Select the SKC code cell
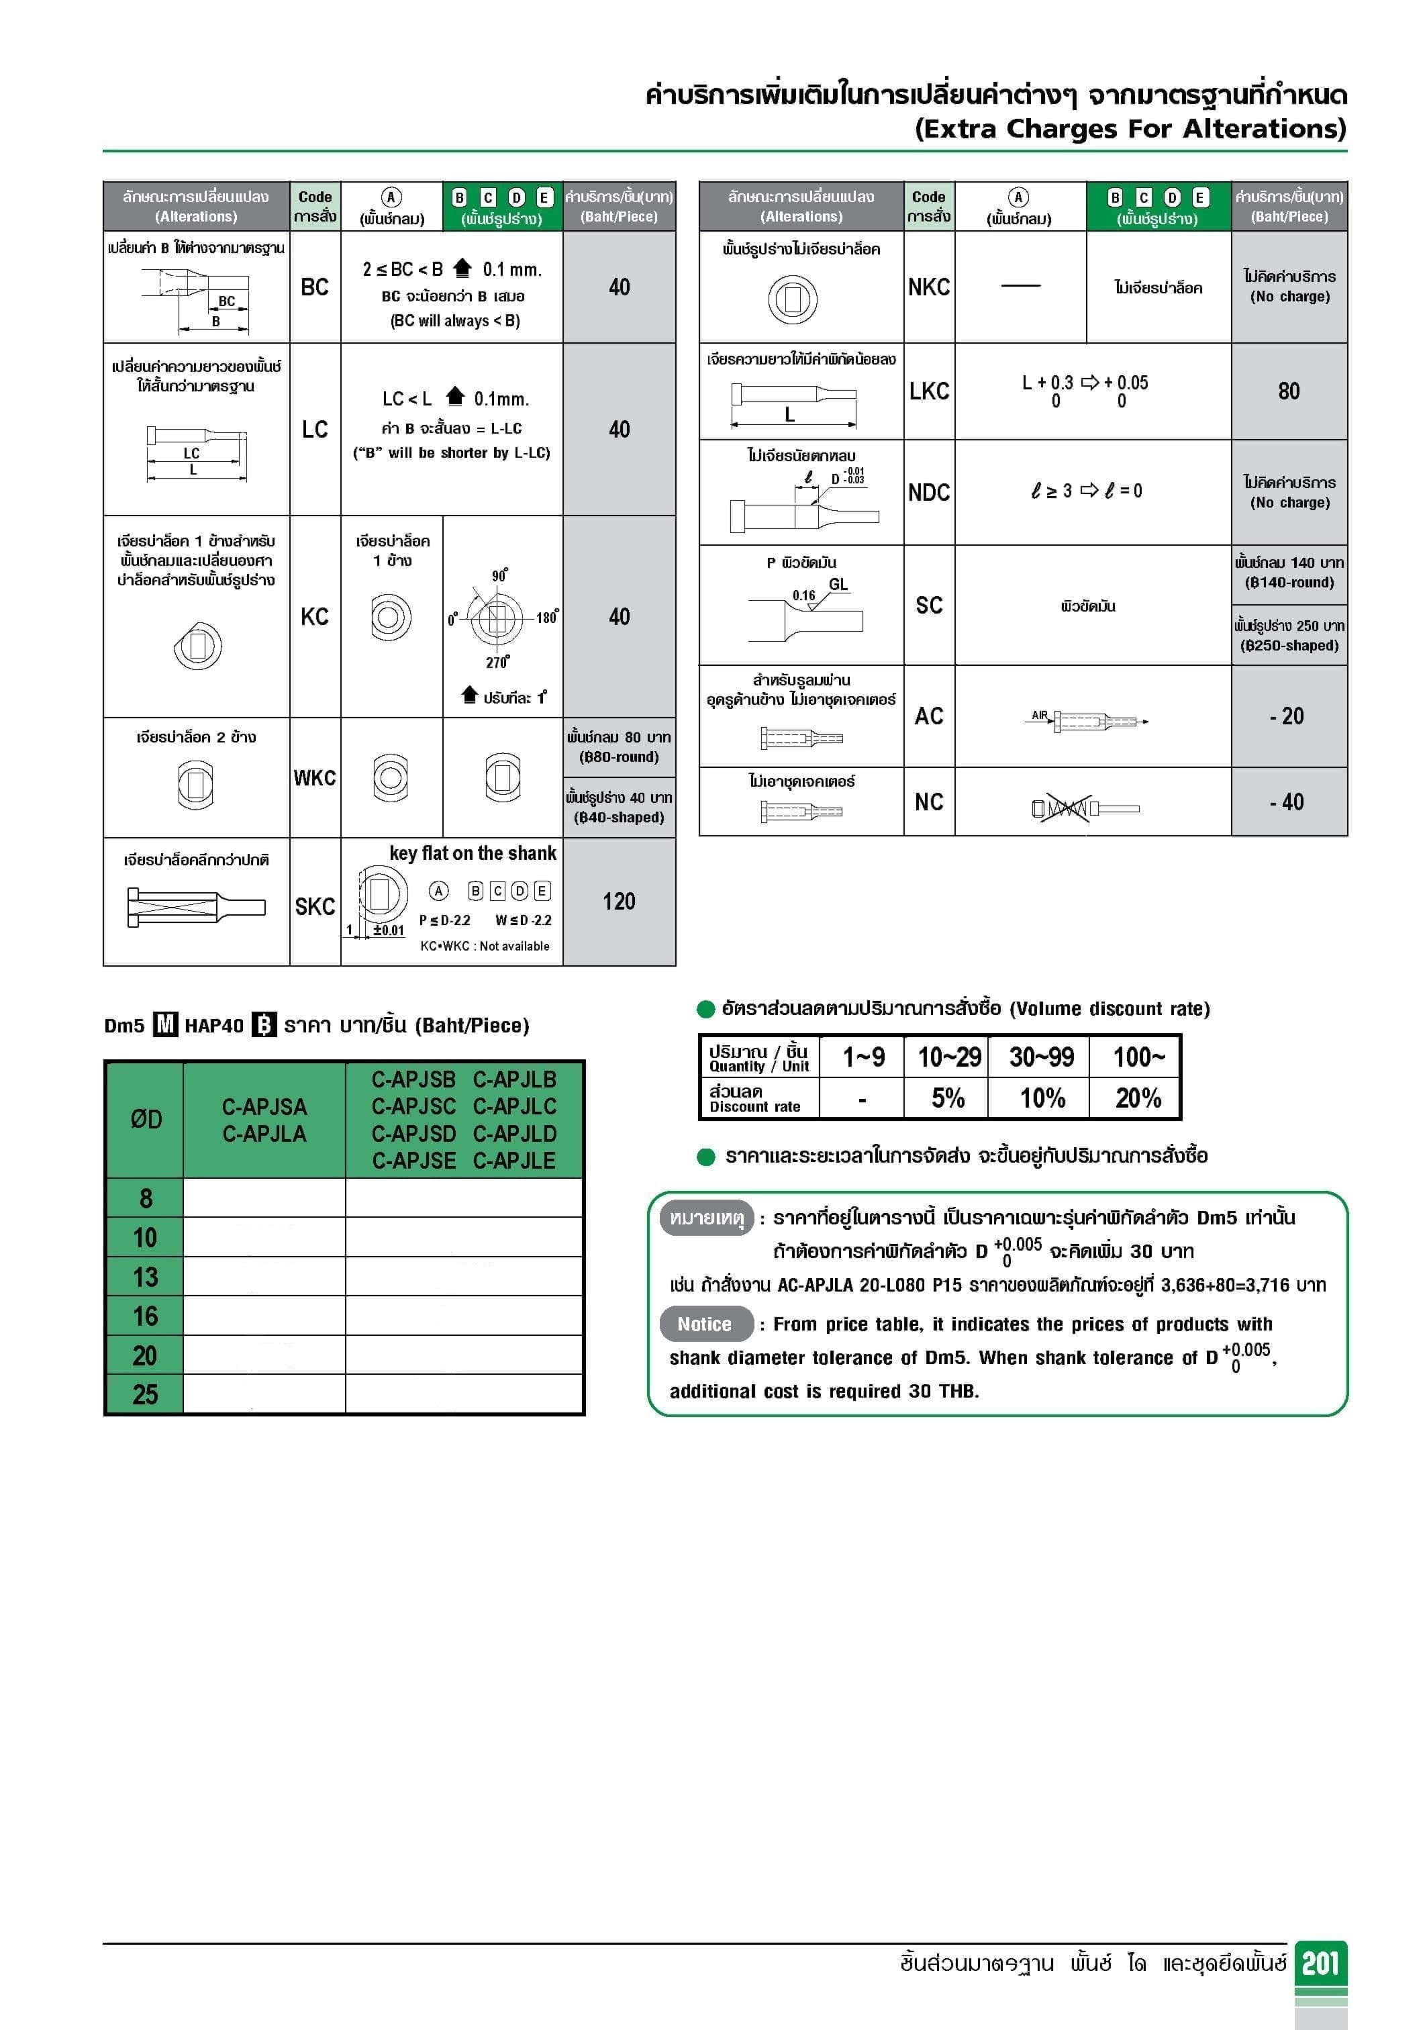click(315, 906)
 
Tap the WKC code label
click(315, 778)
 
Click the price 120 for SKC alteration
click(619, 901)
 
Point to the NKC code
click(928, 287)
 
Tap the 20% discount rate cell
click(1137, 1098)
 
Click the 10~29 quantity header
click(948, 1057)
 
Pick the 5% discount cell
click(948, 1098)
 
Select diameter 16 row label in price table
click(145, 1316)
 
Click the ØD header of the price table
click(146, 1119)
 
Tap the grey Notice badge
click(705, 1324)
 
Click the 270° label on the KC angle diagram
click(497, 662)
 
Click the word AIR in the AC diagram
click(1040, 716)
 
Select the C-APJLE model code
click(515, 1161)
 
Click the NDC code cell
click(928, 493)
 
